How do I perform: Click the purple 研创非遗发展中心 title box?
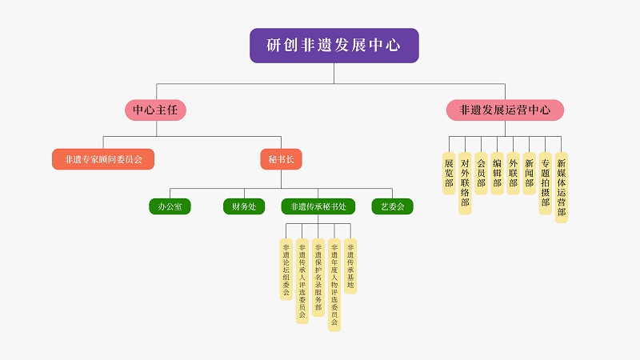point(334,46)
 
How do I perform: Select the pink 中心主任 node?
point(155,110)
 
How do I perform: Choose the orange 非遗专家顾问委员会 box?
point(103,159)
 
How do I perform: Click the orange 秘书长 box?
point(281,159)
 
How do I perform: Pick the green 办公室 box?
point(170,206)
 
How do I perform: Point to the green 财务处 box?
point(243,206)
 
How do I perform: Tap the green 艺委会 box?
point(392,206)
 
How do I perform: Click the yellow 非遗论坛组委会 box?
point(286,269)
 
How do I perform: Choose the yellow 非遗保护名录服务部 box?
point(318,277)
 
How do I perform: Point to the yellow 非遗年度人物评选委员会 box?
point(334,285)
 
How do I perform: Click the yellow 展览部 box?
point(449,173)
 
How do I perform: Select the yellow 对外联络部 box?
point(465,183)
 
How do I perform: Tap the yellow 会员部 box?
point(481,173)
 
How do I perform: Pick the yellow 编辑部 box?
point(497,173)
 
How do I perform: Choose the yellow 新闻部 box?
point(529,173)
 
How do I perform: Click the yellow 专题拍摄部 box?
point(545,183)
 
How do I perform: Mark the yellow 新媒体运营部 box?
point(562,187)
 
